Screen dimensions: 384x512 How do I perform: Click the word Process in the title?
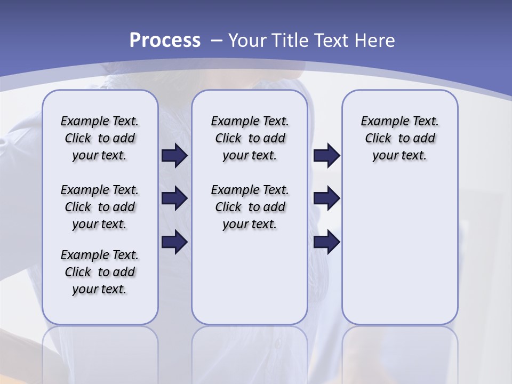tap(165, 41)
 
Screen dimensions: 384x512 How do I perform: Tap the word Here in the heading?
tap(375, 41)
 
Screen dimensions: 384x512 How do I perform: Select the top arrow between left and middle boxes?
tap(174, 155)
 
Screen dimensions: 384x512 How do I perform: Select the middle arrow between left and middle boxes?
tap(174, 198)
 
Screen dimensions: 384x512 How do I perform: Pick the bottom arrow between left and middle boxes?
tap(174, 242)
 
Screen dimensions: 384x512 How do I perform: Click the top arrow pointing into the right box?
tap(326, 155)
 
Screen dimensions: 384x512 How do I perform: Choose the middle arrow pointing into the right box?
tap(326, 198)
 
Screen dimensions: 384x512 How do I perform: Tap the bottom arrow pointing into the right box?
tap(326, 242)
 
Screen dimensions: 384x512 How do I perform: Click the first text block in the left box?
tap(100, 138)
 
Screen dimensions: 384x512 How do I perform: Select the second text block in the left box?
tap(100, 207)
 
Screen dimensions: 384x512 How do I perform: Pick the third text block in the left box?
tap(100, 272)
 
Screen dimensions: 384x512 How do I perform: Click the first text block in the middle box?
tap(250, 138)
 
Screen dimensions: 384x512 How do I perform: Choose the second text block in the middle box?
tap(250, 207)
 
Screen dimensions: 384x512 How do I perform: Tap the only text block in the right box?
tap(400, 138)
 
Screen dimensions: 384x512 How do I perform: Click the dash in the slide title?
tap(216, 41)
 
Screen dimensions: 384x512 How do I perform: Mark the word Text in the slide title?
tap(333, 41)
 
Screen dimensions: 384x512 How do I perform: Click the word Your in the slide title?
tap(247, 41)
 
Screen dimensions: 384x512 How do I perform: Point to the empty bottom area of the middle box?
tap(250, 283)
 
